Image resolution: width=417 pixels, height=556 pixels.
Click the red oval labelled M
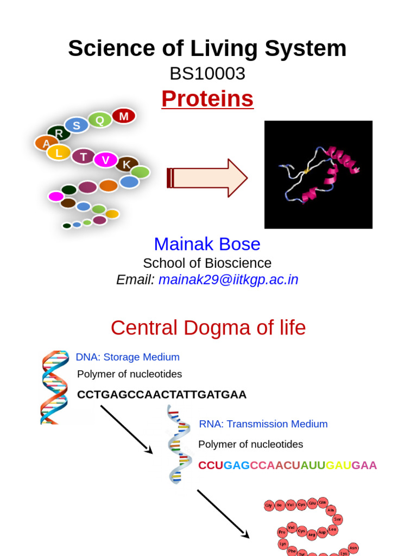coord(124,116)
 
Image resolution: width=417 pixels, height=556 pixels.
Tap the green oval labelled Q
coord(100,119)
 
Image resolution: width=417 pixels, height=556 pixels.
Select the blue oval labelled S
coord(77,125)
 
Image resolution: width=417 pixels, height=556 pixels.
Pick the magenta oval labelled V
coord(106,160)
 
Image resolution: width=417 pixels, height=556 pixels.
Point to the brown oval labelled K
coord(127,164)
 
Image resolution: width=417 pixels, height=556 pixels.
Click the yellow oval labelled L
coord(59,153)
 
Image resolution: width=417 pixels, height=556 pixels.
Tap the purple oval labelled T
coord(83,156)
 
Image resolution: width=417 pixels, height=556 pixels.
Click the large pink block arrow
coord(208,178)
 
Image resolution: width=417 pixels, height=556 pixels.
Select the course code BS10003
coord(207,73)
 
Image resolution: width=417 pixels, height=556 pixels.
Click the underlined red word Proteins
coord(207,99)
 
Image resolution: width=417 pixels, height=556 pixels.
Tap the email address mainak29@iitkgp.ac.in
coord(229,280)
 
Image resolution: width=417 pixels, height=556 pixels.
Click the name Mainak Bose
coord(207,244)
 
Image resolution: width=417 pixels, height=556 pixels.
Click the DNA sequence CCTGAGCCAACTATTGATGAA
coord(162,395)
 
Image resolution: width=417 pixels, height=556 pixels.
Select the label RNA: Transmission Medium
coord(263,424)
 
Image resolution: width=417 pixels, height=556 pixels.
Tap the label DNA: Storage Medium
coord(128,357)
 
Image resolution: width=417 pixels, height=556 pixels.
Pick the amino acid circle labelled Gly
coord(269,506)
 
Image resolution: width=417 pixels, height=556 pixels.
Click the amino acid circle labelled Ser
coord(337,519)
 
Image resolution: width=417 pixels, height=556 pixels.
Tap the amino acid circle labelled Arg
coord(312,534)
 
